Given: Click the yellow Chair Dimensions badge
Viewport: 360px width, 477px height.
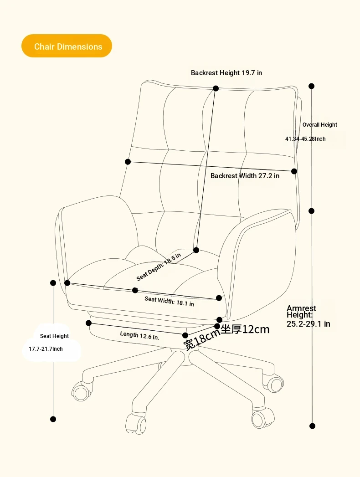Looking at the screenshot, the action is point(67,46).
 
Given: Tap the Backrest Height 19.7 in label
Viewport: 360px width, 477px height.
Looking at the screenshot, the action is point(226,73).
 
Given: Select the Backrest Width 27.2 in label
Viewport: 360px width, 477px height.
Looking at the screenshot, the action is point(245,176).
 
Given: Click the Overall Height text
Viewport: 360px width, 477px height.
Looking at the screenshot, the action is point(320,125).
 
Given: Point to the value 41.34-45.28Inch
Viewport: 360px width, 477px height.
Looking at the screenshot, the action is point(305,138).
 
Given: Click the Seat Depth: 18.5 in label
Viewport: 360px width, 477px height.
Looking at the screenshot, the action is point(159,267).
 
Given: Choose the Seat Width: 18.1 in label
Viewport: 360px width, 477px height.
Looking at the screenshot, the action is point(169,302).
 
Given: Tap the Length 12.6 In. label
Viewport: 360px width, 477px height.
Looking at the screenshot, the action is point(139,336).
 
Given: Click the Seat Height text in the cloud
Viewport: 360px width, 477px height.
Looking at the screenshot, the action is point(55,336).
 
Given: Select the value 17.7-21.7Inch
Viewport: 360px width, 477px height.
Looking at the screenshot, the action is point(46,349).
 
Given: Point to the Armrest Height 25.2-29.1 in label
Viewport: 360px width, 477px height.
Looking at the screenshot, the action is point(308,316).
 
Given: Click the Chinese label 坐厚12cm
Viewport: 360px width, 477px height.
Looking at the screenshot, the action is point(245,329).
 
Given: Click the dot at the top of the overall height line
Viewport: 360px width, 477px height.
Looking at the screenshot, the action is point(311,86).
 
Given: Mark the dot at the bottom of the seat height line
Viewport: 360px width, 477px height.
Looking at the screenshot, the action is point(53,419).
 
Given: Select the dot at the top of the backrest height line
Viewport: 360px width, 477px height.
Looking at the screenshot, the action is point(216,88).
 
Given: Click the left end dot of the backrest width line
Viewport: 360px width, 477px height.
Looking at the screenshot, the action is point(128,162).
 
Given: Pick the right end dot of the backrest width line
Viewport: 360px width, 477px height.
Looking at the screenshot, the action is point(294,171).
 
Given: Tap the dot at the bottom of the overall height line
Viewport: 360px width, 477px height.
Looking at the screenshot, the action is point(312,426).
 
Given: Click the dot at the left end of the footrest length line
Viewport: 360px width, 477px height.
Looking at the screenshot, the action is point(88,323).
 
